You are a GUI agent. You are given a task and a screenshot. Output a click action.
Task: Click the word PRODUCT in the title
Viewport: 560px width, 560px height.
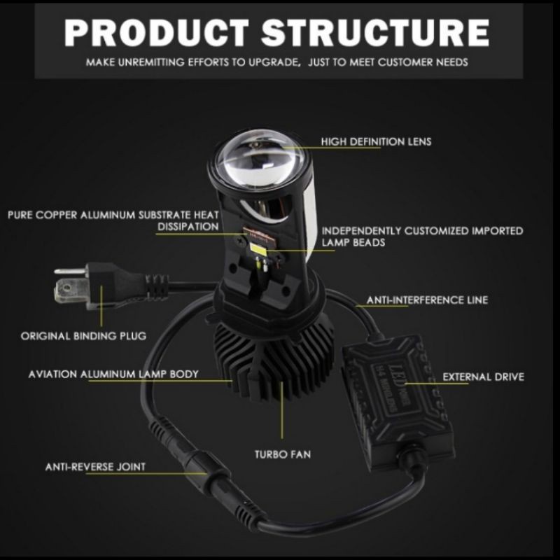click(156, 32)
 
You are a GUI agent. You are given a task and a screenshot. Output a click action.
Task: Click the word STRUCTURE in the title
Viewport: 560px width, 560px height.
click(375, 32)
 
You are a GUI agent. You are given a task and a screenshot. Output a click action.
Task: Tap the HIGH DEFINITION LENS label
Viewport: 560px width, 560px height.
click(376, 141)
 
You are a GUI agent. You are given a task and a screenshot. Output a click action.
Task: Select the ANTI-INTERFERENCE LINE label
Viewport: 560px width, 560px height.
click(427, 300)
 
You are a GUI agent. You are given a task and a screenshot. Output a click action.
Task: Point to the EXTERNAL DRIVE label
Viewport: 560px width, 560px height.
click(483, 377)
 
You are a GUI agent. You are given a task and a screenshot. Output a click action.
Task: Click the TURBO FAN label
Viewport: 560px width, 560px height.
click(283, 454)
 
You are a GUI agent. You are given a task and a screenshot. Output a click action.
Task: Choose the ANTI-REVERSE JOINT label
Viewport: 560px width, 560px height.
click(95, 467)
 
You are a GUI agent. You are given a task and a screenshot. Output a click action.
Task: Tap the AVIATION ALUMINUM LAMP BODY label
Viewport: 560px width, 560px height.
click(113, 374)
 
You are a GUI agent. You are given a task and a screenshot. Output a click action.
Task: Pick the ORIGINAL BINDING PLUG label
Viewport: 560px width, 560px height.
click(83, 336)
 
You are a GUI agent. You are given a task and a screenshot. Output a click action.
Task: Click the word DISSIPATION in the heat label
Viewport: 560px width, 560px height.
click(188, 226)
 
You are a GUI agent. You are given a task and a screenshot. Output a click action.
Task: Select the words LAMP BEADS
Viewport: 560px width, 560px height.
click(353, 242)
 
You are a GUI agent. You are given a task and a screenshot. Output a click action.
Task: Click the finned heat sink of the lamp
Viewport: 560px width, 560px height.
click(273, 360)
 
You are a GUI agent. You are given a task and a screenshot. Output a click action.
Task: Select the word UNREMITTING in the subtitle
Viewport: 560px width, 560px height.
click(150, 62)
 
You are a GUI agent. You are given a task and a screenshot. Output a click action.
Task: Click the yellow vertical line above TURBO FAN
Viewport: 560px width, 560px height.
click(282, 410)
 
